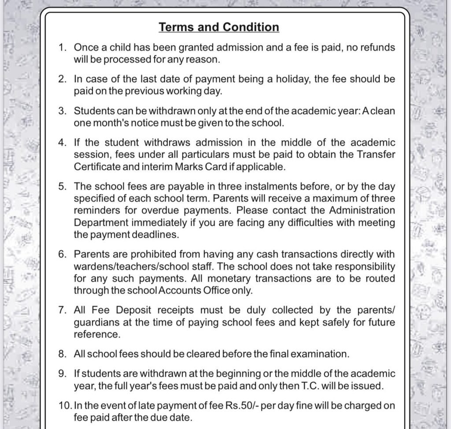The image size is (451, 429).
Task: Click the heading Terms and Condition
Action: (x=219, y=27)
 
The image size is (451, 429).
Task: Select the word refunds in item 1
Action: (x=377, y=47)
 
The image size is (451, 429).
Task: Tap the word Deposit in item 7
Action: (x=132, y=310)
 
